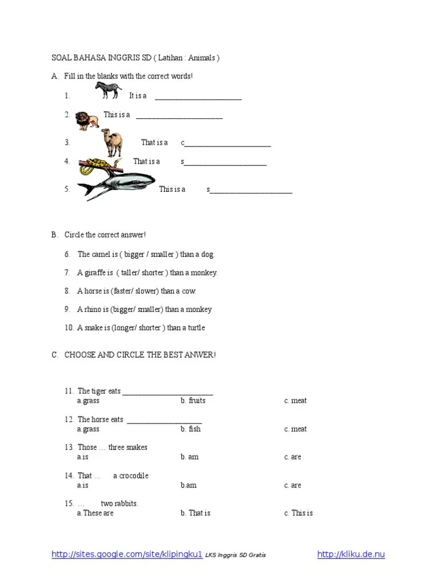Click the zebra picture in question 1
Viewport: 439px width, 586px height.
coord(108,90)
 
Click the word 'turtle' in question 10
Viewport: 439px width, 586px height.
coord(194,328)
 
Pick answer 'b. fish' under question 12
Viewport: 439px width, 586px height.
coord(190,429)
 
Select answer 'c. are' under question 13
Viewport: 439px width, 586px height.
coord(292,457)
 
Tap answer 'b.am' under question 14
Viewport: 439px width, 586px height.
coord(189,485)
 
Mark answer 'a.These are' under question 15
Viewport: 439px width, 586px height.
coord(95,513)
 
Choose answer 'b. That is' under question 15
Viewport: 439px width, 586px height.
coord(195,513)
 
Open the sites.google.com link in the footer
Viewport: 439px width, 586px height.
coord(127,555)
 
